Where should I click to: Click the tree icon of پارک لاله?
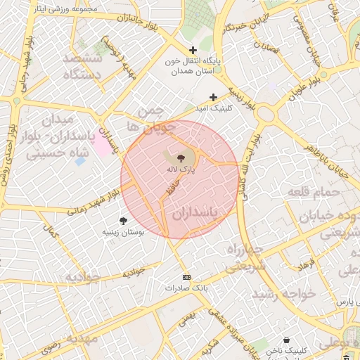pos(181,158)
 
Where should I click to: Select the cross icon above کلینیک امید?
pos(213,97)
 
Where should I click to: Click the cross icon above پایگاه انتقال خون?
pos(193,50)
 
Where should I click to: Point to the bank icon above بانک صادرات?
pos(186,277)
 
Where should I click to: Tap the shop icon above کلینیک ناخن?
pos(287,340)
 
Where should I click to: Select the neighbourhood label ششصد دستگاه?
pos(83,66)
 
